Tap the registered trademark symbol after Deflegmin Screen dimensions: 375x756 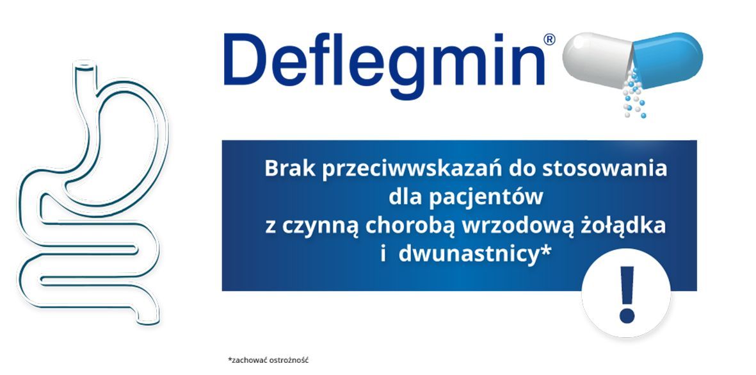(549, 39)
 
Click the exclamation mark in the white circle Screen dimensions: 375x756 (626, 294)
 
